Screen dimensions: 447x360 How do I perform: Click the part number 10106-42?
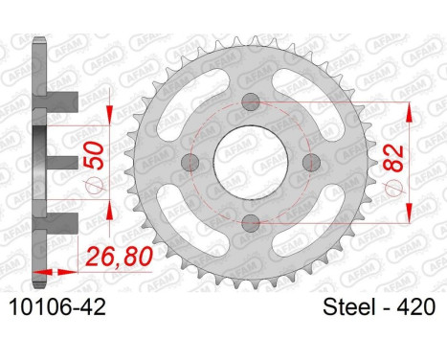[57, 307]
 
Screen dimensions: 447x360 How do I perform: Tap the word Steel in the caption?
[349, 307]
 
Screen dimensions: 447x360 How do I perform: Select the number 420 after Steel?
[415, 307]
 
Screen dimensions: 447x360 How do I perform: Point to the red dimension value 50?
[94, 155]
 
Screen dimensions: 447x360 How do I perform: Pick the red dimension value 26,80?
[119, 257]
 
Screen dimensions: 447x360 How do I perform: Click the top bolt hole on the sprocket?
[251, 102]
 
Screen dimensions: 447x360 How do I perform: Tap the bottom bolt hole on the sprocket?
[251, 223]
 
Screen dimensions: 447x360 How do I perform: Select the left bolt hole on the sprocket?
[190, 163]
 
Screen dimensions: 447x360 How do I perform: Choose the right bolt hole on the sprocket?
[311, 163]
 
